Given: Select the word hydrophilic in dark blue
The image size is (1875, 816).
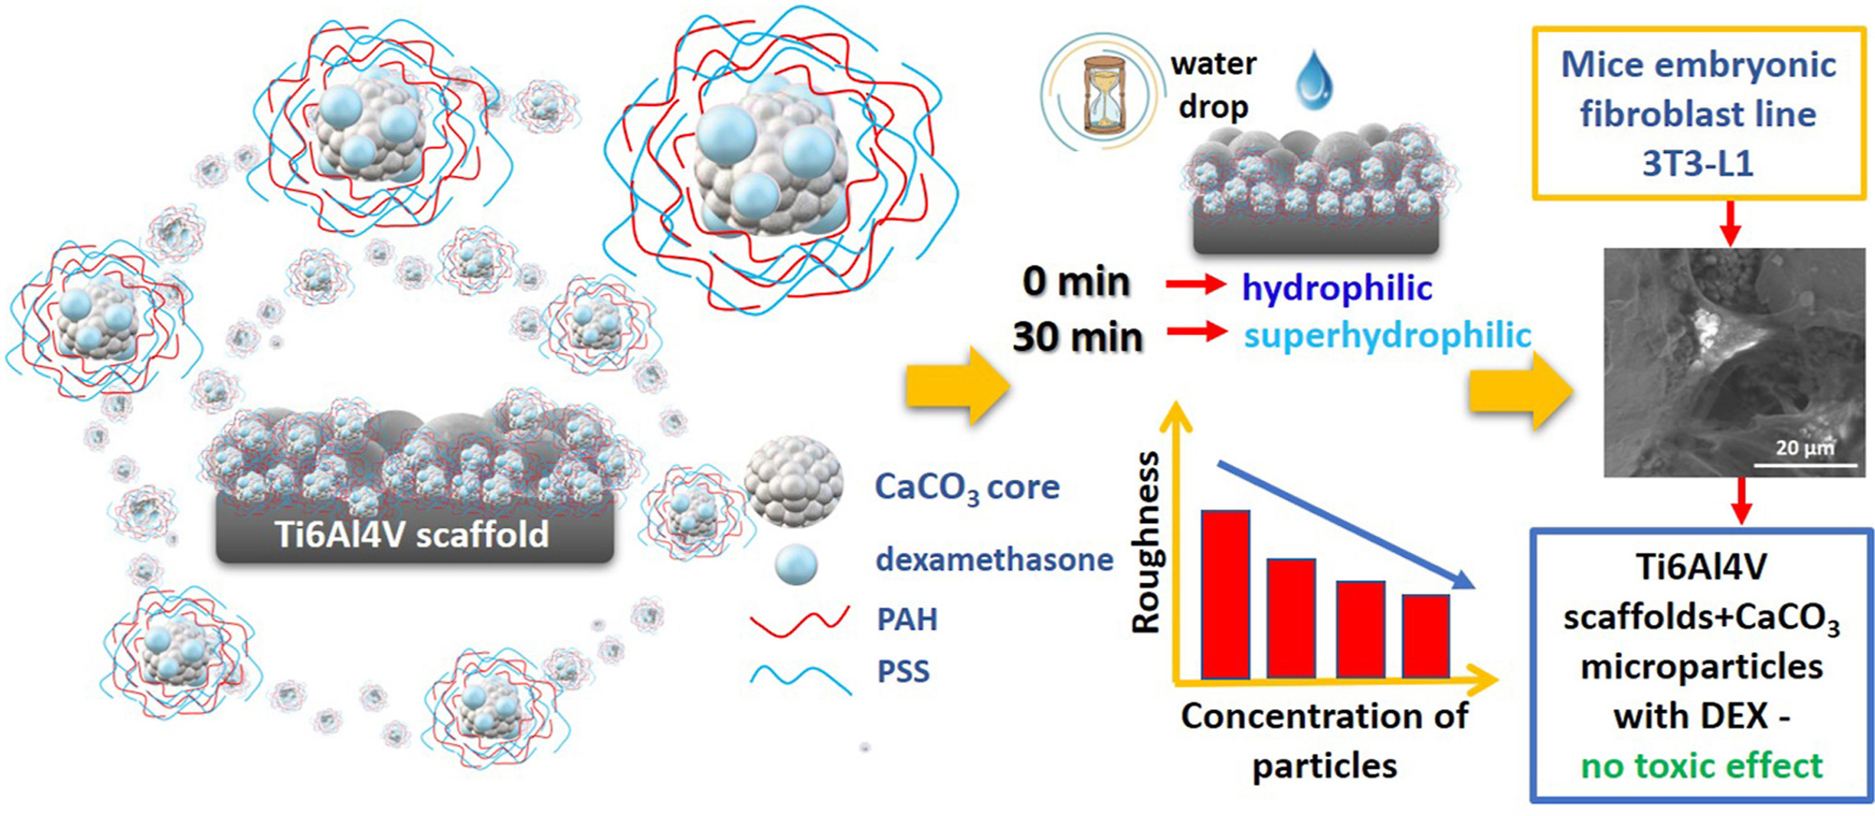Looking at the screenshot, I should click(x=1336, y=288).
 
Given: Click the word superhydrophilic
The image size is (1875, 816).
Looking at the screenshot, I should click(x=1387, y=335).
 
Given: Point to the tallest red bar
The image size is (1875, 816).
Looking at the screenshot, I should click(x=1226, y=594).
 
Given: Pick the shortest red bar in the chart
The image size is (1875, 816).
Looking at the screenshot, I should click(x=1426, y=635).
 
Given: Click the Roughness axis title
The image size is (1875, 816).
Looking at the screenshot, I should click(x=1147, y=543).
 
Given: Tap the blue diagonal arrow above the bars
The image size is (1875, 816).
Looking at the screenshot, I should click(x=1345, y=525).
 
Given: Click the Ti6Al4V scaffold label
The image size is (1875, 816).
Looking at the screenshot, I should click(x=413, y=534).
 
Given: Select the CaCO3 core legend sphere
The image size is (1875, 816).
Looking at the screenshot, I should click(x=793, y=482).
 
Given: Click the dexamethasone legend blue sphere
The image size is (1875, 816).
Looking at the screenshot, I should click(x=796, y=564).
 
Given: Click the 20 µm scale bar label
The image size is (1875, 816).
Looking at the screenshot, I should click(x=1804, y=449).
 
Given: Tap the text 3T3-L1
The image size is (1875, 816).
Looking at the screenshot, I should click(x=1697, y=163).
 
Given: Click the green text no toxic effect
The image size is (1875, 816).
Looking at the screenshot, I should click(x=1702, y=765).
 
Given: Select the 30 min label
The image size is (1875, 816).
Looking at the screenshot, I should click(x=1077, y=337).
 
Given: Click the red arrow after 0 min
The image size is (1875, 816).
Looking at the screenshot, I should click(x=1196, y=286).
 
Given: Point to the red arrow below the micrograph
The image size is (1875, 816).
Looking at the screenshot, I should click(x=1741, y=500).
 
